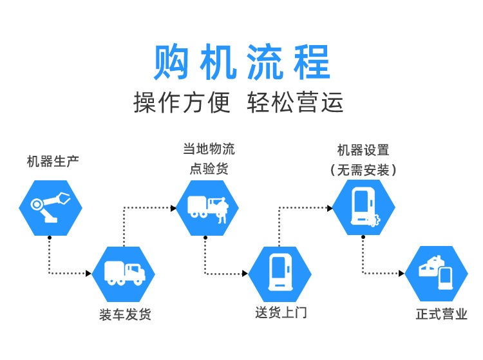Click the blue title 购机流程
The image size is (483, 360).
[241, 63]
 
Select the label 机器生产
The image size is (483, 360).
[53, 161]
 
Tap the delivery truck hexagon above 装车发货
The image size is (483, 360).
[124, 273]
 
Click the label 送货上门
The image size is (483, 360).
[281, 313]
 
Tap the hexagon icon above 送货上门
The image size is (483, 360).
[280, 273]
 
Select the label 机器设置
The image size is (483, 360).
[363, 151]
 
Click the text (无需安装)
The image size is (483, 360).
[363, 170]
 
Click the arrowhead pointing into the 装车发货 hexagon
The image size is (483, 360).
[88, 274]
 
